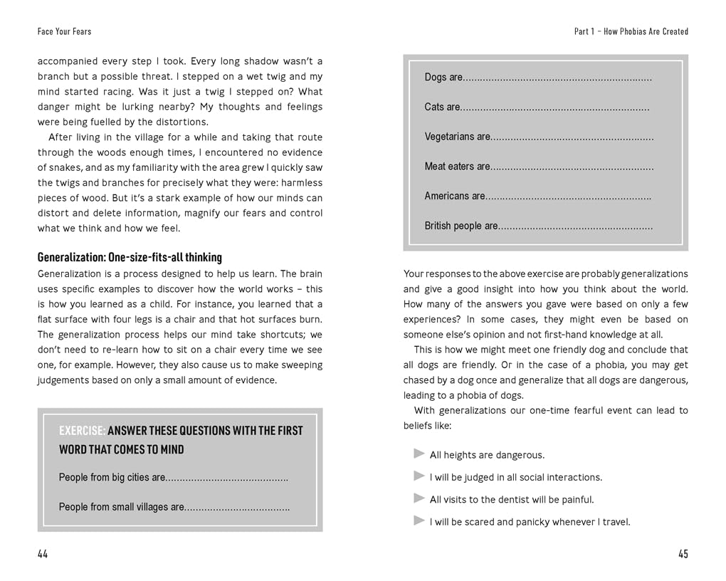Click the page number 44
[x=43, y=555]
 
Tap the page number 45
[x=683, y=555]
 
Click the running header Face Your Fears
[x=64, y=31]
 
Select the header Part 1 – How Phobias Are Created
[x=631, y=31]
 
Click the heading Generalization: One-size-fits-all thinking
[x=130, y=257]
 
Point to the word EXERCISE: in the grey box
[x=83, y=431]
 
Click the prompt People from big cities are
[x=112, y=477]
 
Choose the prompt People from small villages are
[x=122, y=507]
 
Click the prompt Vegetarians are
[x=458, y=137]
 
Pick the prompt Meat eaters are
[x=458, y=167]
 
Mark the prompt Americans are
[x=455, y=196]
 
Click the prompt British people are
[x=461, y=226]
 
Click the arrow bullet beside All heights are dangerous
[x=419, y=454]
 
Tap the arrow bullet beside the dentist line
[x=419, y=498]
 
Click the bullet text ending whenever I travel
[x=530, y=522]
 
